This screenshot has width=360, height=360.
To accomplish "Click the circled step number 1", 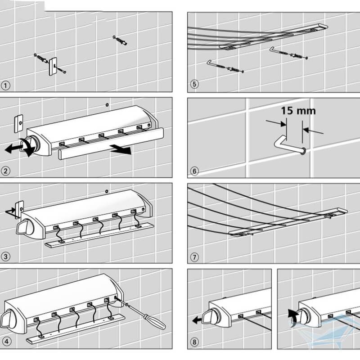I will coord(5,85).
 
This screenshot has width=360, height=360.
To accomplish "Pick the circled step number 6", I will coord(194,171).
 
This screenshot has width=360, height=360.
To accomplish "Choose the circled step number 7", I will coord(194,257).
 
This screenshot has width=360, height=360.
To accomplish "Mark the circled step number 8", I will coord(194,342).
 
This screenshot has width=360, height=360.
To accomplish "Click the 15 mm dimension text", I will coord(298,110).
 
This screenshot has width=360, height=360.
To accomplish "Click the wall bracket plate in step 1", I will coord(53,66).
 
